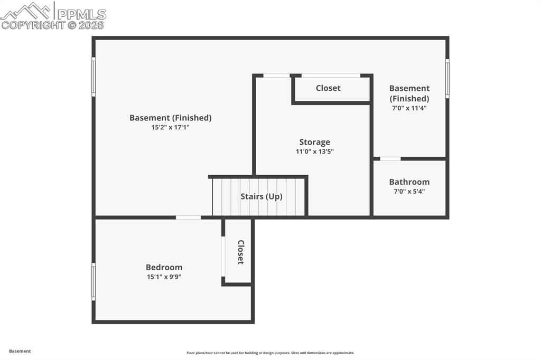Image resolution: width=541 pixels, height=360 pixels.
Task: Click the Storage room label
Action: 315,142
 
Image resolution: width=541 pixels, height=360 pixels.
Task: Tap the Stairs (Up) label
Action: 261,196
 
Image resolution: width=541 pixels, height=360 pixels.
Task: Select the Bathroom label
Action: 409,182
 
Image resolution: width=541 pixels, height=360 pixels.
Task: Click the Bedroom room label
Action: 164,267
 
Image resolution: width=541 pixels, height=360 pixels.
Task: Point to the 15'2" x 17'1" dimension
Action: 171,127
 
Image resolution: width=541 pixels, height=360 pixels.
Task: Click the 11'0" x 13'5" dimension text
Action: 315,151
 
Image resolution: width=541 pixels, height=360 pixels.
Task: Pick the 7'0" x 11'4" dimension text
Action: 409,108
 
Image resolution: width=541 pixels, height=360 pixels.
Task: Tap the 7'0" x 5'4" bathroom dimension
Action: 409,192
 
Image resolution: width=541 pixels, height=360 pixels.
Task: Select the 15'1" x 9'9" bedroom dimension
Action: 164,277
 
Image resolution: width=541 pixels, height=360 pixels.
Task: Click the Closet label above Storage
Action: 328,88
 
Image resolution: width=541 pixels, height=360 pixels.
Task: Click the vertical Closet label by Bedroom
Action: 241,252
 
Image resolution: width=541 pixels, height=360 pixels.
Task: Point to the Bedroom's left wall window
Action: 94,281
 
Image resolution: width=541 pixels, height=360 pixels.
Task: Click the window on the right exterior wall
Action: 447,79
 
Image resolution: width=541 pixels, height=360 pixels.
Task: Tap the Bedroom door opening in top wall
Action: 189,217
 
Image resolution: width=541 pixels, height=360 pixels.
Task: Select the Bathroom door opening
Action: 390,158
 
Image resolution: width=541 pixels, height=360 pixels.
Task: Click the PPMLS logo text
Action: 81,14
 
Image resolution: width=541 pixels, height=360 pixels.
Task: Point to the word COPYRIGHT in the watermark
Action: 33,25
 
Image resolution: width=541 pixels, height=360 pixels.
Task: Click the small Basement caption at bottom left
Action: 20,351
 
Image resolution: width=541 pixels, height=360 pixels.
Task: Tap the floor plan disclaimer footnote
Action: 270,353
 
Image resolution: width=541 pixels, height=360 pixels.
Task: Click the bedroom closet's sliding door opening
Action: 223,256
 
